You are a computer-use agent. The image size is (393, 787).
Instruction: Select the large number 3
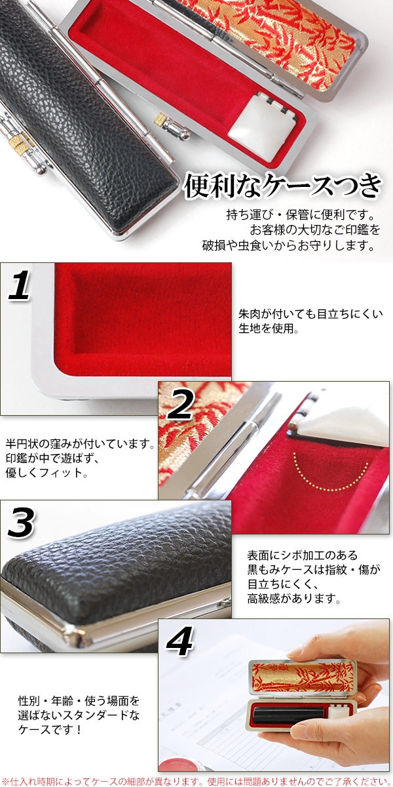coord(24,523)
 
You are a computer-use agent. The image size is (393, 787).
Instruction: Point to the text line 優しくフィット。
coord(46,472)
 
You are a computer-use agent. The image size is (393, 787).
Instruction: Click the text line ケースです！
coord(50,729)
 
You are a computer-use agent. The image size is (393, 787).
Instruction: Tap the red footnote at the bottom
coord(196,780)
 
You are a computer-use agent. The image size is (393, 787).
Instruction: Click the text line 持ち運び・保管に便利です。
coord(300,216)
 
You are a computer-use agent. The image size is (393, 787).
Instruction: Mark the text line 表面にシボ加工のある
coord(293,555)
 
